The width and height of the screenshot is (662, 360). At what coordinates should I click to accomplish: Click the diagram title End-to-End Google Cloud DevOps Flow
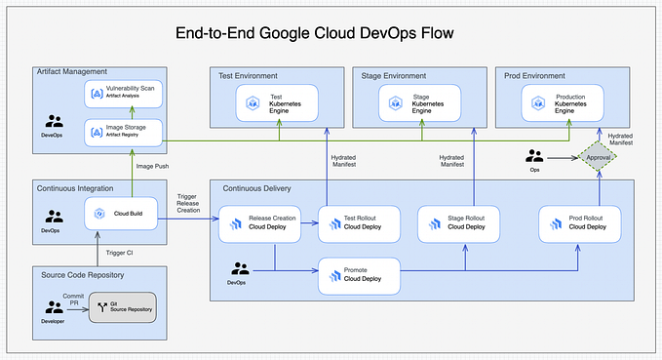tap(314, 33)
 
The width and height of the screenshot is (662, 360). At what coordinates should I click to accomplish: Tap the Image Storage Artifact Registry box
tap(123, 131)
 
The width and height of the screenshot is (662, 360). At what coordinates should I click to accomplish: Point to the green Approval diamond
tap(600, 156)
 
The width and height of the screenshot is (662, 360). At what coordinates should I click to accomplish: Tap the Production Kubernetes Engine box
tap(564, 102)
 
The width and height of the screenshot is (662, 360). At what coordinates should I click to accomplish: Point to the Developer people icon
tap(53, 307)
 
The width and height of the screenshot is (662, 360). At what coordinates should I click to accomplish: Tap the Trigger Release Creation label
tap(188, 202)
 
